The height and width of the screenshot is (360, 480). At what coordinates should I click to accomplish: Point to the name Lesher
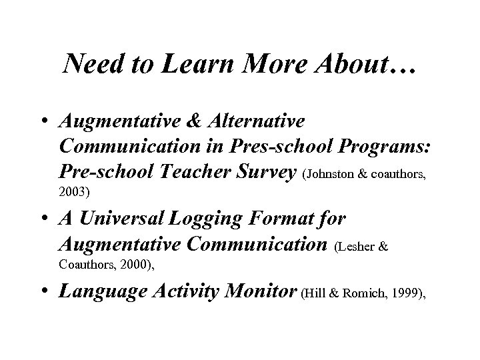coord(354,245)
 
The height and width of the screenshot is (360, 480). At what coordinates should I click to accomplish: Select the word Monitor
coord(265,292)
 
